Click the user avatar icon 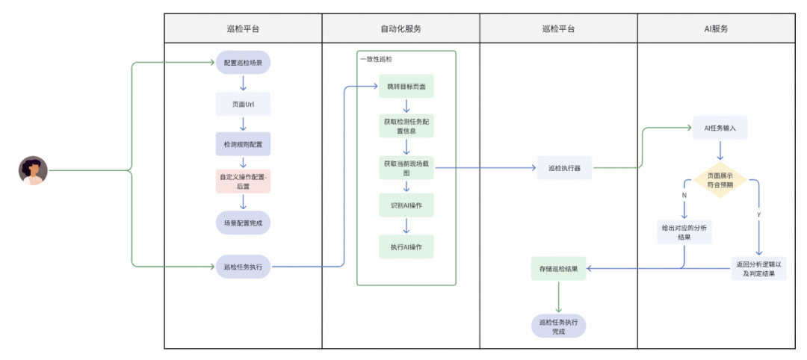[x=33, y=170]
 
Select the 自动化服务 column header [x=401, y=28]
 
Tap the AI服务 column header [x=716, y=28]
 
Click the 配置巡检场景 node [x=243, y=63]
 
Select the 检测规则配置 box [x=243, y=143]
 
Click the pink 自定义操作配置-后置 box [x=243, y=181]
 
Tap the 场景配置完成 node [x=243, y=223]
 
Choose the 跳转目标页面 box [x=406, y=87]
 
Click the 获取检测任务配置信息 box [x=406, y=125]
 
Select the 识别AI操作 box [x=406, y=205]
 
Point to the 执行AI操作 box [x=406, y=246]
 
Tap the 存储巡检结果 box [x=558, y=267]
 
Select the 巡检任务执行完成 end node [x=558, y=326]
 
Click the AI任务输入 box [x=720, y=128]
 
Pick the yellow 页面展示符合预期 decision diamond [x=720, y=181]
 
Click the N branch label [x=684, y=196]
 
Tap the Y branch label [x=759, y=214]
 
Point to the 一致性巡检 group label [x=376, y=58]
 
